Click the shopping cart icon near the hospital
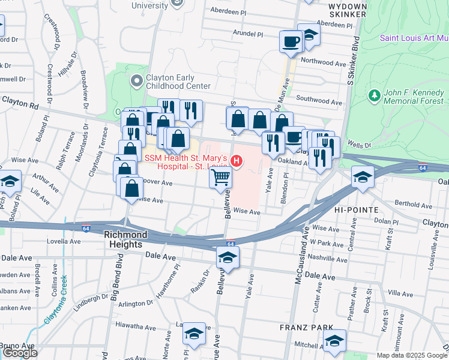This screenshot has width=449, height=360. pyautogui.click(x=220, y=177)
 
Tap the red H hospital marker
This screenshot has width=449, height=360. pyautogui.click(x=237, y=161)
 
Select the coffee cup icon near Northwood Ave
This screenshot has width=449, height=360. pyautogui.click(x=291, y=41)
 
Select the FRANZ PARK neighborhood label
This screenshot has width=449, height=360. pyautogui.click(x=302, y=328)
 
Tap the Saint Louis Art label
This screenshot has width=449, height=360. pyautogui.click(x=414, y=38)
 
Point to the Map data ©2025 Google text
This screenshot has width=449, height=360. pyautogui.click(x=412, y=355)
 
